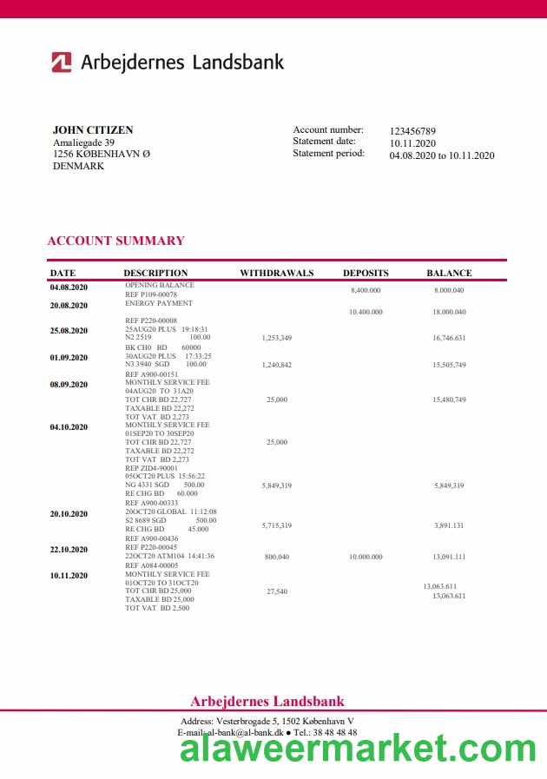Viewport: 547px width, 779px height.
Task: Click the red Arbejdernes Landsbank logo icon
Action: click(x=61, y=62)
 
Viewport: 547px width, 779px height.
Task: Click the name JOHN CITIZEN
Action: click(x=93, y=130)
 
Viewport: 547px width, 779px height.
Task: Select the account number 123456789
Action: click(x=412, y=131)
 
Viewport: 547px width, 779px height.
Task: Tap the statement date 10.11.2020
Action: click(x=412, y=143)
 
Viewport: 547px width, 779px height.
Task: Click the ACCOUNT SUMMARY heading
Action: click(x=115, y=241)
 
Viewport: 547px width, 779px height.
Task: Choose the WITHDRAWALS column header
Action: click(x=276, y=273)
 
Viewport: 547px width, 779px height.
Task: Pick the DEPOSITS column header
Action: click(x=366, y=273)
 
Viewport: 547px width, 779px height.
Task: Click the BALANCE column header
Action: click(x=449, y=273)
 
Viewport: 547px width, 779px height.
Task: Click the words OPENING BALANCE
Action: click(x=160, y=285)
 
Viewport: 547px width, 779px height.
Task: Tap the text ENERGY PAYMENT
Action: click(x=159, y=303)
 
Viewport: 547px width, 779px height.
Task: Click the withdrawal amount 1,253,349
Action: click(x=276, y=338)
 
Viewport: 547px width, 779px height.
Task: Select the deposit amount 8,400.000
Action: click(x=366, y=291)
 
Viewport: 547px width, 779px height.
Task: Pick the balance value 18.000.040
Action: click(x=449, y=312)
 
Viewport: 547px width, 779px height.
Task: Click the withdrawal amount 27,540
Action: click(x=276, y=591)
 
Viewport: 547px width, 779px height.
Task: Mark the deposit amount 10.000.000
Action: click(x=366, y=557)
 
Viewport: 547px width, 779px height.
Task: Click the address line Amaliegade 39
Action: click(x=83, y=142)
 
